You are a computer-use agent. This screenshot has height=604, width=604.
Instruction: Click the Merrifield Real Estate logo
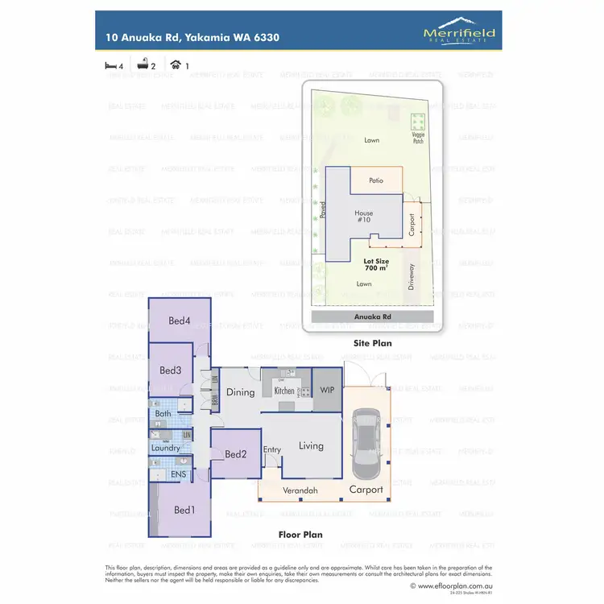(459, 31)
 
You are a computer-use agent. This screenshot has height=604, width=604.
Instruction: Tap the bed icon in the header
(111, 64)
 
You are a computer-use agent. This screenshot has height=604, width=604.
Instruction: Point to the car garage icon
(176, 64)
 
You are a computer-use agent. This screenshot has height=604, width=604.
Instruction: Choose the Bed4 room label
(180, 321)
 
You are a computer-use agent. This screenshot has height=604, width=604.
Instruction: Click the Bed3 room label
(170, 370)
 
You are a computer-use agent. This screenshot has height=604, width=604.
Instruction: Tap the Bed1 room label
(184, 510)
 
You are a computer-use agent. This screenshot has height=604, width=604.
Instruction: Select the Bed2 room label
(235, 454)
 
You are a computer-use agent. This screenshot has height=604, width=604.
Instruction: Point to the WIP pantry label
(327, 391)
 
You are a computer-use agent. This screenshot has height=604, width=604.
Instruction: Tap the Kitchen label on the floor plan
(285, 391)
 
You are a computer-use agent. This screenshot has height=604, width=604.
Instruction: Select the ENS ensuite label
(178, 474)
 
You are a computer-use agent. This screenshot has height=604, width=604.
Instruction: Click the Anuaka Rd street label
(372, 317)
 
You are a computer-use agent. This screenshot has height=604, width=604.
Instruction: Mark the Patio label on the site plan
(375, 181)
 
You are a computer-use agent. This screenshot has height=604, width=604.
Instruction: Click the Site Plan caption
(372, 342)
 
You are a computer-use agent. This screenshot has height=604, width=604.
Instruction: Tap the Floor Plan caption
(300, 534)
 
